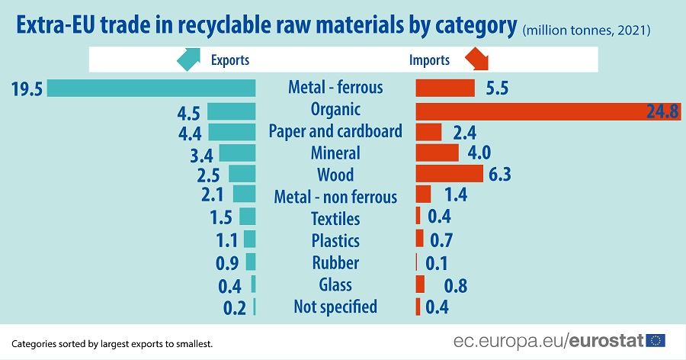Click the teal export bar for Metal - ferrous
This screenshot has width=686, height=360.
click(151, 88)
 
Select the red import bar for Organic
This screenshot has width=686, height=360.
click(534, 111)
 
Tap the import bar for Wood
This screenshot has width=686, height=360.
click(449, 174)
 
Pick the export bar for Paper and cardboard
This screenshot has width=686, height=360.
click(231, 132)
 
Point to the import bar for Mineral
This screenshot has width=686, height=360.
click(437, 153)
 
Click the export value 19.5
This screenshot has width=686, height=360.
click(27, 88)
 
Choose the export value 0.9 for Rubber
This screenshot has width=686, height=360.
click(228, 263)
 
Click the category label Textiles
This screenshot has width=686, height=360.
click(335, 219)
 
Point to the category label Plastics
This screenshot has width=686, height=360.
click(335, 241)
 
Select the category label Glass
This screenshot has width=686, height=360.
click(335, 284)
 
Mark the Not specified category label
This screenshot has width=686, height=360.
click(335, 307)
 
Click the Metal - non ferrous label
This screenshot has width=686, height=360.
click(335, 198)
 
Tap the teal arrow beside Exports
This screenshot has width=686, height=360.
click(189, 59)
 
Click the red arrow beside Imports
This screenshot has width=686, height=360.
click(477, 59)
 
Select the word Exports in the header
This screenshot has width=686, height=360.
click(229, 60)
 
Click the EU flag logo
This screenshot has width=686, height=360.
click(656, 340)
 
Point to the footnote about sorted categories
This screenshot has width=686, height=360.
click(112, 343)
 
